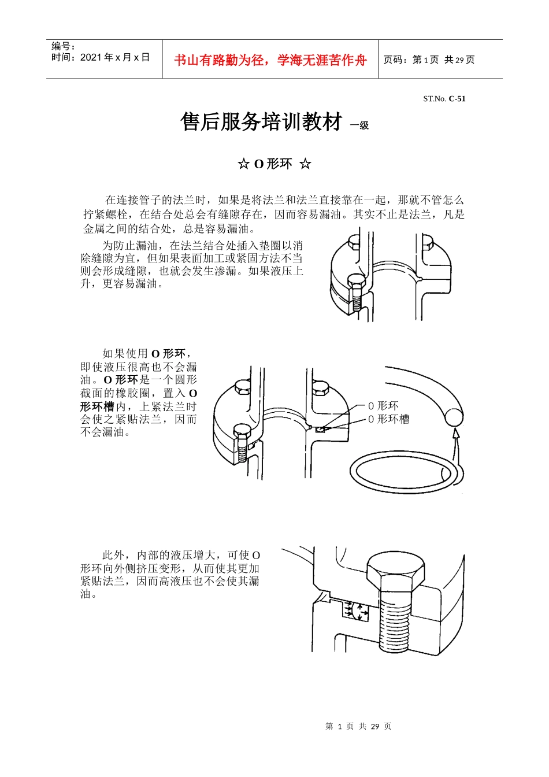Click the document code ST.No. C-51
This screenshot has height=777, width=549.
[x=444, y=99]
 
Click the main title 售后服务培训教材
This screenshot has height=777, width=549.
[x=261, y=122]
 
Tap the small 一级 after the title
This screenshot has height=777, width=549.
[x=359, y=125]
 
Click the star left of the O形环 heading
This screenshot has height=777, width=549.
[x=243, y=164]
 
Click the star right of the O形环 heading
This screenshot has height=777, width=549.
[x=305, y=164]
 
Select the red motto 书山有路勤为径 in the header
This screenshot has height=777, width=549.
[x=270, y=60]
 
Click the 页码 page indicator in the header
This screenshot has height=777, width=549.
[x=429, y=60]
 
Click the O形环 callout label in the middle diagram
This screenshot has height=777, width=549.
[x=383, y=406]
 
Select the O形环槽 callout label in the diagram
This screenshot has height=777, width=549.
[x=388, y=419]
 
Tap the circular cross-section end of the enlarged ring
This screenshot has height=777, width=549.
[x=453, y=417]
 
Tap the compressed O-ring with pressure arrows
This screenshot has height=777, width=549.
[x=355, y=610]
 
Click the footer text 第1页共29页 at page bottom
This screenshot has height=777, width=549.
[x=358, y=726]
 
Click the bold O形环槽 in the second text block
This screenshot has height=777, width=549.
[x=97, y=406]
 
